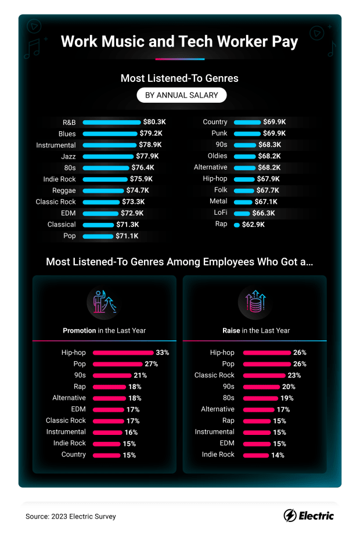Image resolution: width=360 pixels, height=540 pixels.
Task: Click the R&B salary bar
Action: click(x=111, y=123)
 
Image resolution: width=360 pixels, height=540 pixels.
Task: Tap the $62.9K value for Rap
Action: click(x=254, y=224)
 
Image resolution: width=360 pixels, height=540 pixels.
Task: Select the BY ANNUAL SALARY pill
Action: click(x=181, y=95)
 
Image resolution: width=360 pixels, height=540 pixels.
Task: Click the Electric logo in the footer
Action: click(x=308, y=516)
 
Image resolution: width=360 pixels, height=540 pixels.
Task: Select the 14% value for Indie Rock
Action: click(x=278, y=455)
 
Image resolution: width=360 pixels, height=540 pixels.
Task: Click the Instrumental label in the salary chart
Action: click(x=56, y=145)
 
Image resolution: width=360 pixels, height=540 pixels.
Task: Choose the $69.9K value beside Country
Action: click(x=275, y=123)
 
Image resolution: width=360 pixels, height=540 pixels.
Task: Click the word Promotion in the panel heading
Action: click(x=80, y=330)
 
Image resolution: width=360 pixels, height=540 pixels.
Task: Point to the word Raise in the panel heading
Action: click(x=231, y=330)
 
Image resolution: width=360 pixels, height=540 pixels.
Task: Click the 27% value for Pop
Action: click(x=152, y=364)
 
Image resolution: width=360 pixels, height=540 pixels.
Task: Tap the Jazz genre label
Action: click(x=69, y=156)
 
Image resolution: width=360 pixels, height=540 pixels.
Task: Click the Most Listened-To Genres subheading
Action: click(x=179, y=78)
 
